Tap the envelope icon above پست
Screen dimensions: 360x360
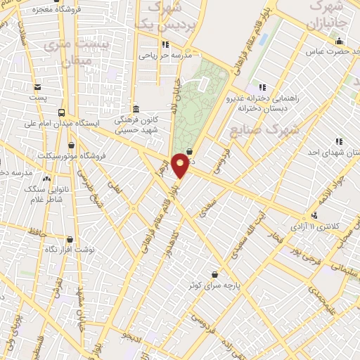click(x=38, y=87)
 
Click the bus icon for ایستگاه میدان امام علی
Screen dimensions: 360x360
click(x=63, y=112)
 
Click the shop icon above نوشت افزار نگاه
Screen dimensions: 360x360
click(x=69, y=239)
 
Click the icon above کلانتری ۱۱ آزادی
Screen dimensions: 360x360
click(x=314, y=216)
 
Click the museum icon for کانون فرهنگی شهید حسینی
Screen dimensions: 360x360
click(x=136, y=110)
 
